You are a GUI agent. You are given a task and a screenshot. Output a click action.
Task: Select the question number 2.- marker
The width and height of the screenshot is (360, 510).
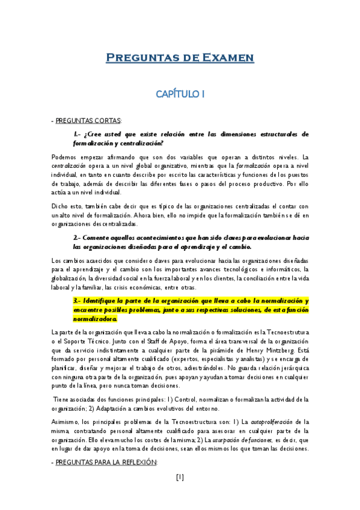pos(78,238)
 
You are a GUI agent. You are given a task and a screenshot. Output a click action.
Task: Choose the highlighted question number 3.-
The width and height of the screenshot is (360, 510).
pos(78,300)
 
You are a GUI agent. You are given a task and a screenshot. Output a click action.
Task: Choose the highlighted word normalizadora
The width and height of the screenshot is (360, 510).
pos(95,319)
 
